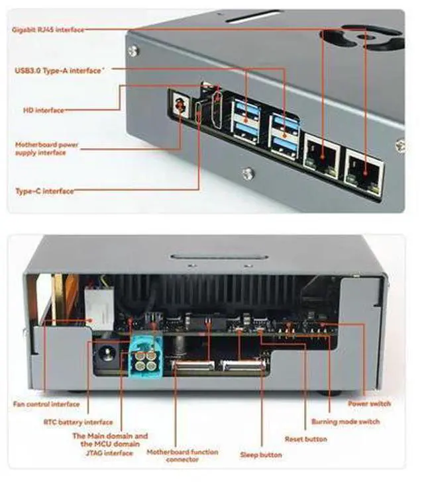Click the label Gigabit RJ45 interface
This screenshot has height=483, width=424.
[x=48, y=30]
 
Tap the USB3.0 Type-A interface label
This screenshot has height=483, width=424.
[x=58, y=71]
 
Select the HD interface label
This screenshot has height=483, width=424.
[x=44, y=110]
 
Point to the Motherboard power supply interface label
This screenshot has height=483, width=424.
[x=46, y=148]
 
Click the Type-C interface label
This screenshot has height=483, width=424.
[x=44, y=191]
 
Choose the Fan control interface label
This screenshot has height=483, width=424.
[x=46, y=404]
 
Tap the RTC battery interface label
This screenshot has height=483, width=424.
[x=78, y=421]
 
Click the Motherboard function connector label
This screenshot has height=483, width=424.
[x=182, y=456]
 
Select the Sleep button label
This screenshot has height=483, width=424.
[x=261, y=455]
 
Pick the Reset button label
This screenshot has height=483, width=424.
[x=306, y=439]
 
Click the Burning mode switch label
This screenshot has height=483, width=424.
[x=345, y=421]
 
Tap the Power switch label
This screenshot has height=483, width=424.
[x=369, y=404]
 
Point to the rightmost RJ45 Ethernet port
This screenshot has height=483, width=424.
[x=365, y=173]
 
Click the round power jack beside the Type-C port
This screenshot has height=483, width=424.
[x=179, y=106]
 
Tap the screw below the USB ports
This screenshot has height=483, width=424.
[x=248, y=174]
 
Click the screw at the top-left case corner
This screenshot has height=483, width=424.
[x=133, y=52]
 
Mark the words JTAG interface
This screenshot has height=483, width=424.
[x=109, y=453]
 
